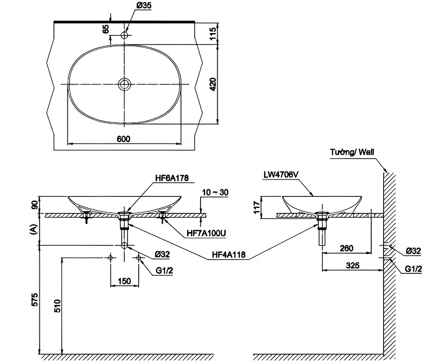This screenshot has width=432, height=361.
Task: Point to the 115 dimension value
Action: pyautogui.click(x=213, y=32)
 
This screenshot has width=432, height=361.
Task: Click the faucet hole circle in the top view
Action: pyautogui.click(x=125, y=35)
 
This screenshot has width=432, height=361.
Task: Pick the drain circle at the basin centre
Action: pyautogui.click(x=124, y=84)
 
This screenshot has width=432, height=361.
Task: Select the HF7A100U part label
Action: pyautogui.click(x=203, y=233)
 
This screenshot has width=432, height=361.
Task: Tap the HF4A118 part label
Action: pyautogui.click(x=229, y=255)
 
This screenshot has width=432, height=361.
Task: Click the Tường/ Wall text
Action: pyautogui.click(x=352, y=152)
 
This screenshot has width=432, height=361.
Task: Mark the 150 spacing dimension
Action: pyautogui.click(x=124, y=281)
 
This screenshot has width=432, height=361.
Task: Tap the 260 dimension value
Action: pyautogui.click(x=346, y=248)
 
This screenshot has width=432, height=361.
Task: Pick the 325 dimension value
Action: pyautogui.click(x=353, y=266)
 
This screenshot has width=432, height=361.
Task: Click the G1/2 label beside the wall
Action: pyautogui.click(x=413, y=269)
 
